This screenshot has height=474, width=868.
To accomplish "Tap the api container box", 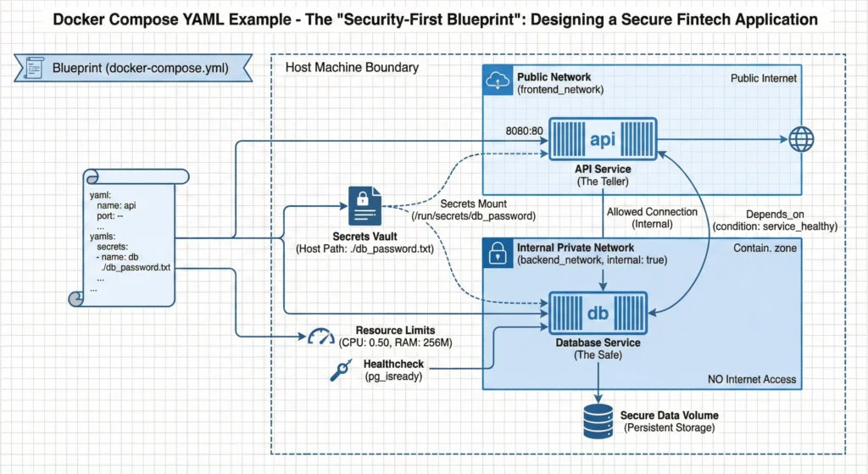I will [603, 138].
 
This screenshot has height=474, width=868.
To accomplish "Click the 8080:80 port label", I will [522, 130].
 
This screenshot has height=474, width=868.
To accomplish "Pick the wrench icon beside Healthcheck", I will [340, 370].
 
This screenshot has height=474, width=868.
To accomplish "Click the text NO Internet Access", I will [751, 379].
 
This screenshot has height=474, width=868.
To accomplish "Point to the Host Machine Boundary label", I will [352, 67].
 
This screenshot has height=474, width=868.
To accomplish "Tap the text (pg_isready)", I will [393, 376].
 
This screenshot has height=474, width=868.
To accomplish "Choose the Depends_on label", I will [775, 214].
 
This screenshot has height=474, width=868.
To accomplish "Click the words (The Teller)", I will [603, 181].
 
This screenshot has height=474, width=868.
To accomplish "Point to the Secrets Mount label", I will [474, 204].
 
